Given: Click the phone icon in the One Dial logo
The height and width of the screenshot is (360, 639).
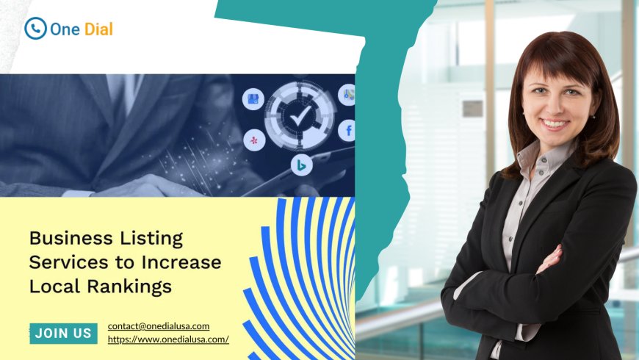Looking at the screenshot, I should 35,29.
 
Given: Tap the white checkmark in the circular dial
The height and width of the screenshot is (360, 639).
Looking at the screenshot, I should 299,116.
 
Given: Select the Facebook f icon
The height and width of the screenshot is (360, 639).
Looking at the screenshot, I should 348,132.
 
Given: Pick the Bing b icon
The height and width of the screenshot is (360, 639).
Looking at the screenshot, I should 301,166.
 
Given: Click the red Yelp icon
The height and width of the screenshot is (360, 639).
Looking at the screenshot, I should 254,139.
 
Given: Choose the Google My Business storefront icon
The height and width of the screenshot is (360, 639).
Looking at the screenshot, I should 253,99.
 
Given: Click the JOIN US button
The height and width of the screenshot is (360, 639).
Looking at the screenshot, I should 63,333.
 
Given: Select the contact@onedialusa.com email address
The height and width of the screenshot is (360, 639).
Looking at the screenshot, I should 159,325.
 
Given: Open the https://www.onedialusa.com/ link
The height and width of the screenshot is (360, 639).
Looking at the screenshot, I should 168,339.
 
